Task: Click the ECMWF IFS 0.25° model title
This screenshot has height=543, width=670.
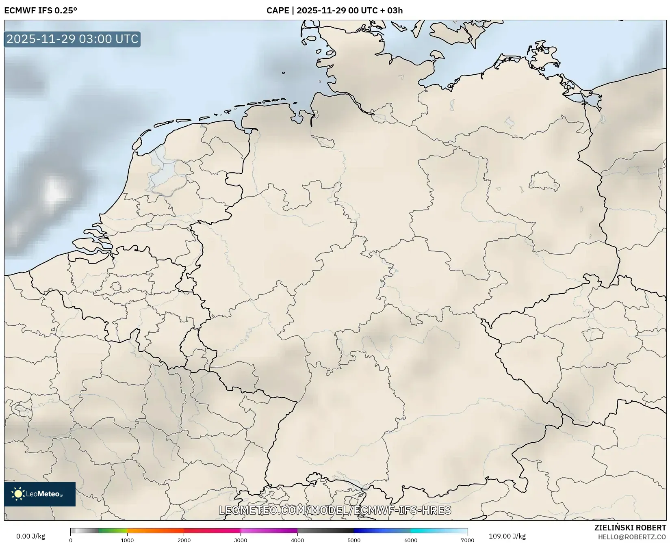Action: point(41,11)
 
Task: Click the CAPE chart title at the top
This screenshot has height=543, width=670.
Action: point(334,11)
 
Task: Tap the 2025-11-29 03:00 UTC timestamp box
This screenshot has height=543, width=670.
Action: point(72,39)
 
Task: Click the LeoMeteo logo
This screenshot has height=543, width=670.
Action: point(40,494)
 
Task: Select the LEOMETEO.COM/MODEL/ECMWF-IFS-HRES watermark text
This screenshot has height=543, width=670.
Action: point(335,510)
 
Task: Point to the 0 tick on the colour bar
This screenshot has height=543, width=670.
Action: point(71,540)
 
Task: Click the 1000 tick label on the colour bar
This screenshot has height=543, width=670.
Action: point(127,540)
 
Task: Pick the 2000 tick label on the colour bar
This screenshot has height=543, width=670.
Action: point(184,540)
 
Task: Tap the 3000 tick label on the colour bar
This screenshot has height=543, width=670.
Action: point(241,540)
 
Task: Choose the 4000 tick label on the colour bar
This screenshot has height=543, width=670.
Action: point(297,540)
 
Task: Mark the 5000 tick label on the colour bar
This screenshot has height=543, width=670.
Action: point(354,540)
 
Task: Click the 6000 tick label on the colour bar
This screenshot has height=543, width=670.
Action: point(411,540)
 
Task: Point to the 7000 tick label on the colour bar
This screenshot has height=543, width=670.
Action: point(467,540)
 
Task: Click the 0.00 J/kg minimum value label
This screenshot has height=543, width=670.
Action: point(31,536)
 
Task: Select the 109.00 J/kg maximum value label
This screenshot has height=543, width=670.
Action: point(507,536)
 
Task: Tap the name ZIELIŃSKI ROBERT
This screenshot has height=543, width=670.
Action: point(630,528)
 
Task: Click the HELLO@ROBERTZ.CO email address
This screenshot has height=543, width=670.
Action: point(632,537)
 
